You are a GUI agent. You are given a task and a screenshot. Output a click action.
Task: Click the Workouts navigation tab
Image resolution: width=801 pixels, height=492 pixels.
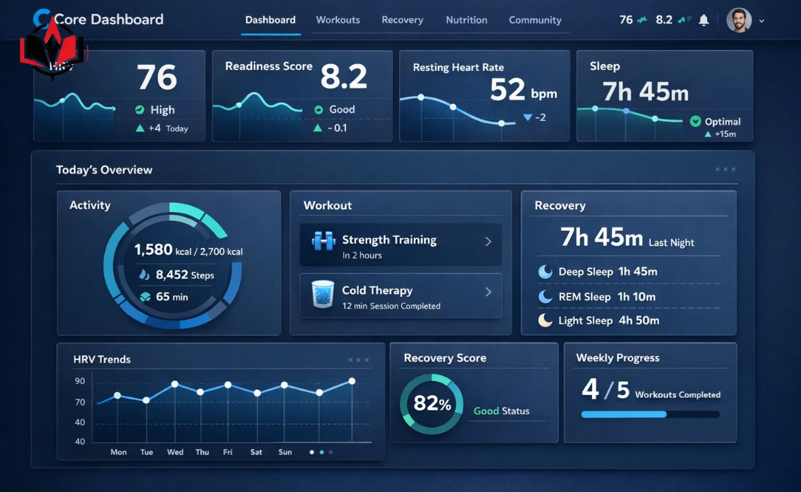(338, 20)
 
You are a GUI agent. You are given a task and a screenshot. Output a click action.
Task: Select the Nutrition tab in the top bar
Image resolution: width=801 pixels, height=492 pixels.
(466, 20)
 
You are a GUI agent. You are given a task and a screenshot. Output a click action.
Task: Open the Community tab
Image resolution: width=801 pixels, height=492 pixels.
(534, 20)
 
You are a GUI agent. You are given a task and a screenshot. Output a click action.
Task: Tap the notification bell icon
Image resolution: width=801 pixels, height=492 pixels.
(703, 20)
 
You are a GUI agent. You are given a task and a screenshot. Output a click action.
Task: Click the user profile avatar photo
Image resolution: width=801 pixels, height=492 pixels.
(738, 20)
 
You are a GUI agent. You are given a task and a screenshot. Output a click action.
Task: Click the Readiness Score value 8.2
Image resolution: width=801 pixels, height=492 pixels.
(344, 77)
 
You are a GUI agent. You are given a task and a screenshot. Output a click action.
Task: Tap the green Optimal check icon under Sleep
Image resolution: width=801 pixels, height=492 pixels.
(695, 122)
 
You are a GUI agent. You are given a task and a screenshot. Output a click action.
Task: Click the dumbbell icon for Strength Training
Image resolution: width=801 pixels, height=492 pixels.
(323, 241)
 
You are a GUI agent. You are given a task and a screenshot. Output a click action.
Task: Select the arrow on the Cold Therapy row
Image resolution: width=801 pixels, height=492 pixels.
(488, 292)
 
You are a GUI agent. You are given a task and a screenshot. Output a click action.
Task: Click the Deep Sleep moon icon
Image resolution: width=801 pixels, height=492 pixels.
(545, 272)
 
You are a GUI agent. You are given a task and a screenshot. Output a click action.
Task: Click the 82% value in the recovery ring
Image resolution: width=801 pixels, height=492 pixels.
(432, 404)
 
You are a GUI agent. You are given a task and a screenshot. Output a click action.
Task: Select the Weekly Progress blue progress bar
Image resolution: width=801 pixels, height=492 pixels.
(624, 414)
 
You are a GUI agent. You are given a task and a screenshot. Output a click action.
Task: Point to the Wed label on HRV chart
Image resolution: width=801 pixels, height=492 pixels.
(175, 452)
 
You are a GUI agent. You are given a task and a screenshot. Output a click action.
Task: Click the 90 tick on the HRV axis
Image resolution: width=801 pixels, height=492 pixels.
(79, 381)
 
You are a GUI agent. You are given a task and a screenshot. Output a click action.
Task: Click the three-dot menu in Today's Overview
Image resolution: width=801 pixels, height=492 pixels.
(725, 169)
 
